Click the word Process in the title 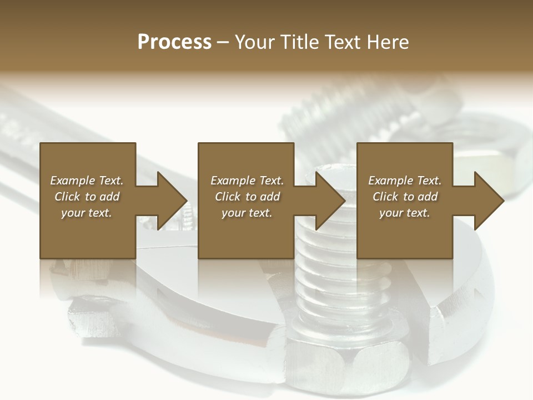pos(174,42)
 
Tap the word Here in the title pos(387,42)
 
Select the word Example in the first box pos(72,181)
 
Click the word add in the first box pos(109,197)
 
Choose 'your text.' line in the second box pos(247,213)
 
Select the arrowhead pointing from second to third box pos(331,201)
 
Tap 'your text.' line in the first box pos(87,213)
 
